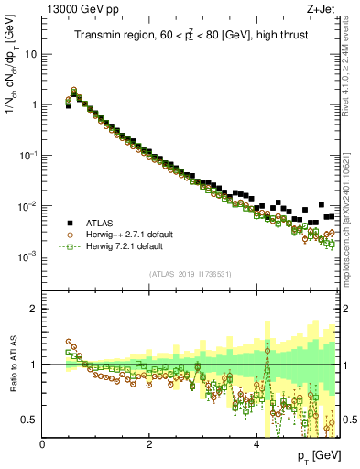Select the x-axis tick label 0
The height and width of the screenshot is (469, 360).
[43, 444]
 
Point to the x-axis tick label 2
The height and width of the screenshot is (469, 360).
[149, 444]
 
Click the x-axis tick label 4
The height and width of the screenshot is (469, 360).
[256, 444]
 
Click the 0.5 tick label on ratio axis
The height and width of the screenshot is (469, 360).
[30, 420]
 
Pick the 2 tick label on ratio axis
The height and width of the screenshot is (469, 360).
[35, 309]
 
